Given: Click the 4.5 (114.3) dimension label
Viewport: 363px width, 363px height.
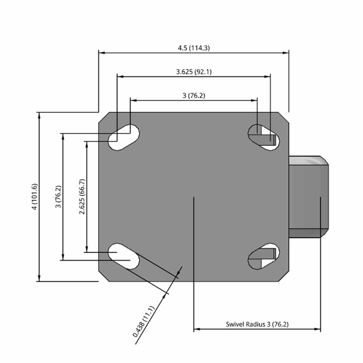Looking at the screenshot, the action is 194,48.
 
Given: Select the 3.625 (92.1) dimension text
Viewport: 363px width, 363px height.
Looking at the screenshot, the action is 194,72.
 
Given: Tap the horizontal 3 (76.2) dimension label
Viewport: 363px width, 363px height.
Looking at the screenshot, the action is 194,96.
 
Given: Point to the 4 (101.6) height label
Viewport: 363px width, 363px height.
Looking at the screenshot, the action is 34,197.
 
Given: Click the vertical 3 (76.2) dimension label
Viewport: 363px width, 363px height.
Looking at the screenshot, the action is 58,197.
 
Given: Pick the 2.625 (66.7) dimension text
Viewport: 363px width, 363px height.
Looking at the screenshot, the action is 82,197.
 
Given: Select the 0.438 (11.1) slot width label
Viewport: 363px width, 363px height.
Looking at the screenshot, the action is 143,322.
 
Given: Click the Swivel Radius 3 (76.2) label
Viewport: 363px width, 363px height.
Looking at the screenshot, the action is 257,324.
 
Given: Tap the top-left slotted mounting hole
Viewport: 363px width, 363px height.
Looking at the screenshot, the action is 124,138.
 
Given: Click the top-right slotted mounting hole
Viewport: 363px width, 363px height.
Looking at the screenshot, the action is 264,138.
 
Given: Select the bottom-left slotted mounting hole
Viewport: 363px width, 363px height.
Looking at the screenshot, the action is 124,256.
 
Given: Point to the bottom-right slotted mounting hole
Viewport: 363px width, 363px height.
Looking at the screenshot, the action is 264,256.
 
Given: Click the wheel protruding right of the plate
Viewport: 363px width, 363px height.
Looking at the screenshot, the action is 309,197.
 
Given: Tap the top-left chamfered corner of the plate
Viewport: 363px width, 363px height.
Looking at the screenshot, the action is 104,118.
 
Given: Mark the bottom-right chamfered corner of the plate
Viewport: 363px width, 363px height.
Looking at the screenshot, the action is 284,276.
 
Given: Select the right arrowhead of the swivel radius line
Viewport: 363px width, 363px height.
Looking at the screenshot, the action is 318,329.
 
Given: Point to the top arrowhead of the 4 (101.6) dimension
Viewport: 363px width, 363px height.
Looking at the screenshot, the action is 39,116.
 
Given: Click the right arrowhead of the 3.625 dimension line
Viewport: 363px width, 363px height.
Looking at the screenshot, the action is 267,77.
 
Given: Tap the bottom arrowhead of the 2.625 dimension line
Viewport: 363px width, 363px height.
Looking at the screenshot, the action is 87,249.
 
